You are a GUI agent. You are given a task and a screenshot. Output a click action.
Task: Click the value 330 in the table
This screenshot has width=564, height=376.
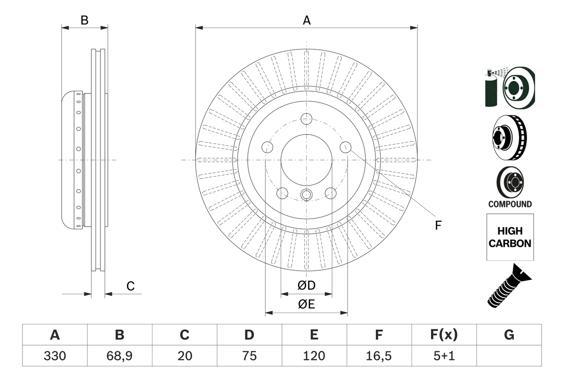[55, 356]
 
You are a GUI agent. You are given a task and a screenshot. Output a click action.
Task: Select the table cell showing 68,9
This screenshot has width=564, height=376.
[119, 356]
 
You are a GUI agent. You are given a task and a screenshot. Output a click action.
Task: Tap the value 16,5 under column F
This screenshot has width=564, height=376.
[379, 356]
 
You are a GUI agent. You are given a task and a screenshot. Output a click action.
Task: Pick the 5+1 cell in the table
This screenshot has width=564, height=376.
[444, 356]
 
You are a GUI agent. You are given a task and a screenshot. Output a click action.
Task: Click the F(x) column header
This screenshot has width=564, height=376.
[444, 335]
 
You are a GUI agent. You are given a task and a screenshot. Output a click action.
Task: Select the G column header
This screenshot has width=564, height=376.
[509, 335]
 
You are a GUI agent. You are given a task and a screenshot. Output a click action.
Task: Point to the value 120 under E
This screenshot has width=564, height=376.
[314, 356]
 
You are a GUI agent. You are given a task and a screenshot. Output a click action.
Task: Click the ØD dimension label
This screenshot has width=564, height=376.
[307, 286]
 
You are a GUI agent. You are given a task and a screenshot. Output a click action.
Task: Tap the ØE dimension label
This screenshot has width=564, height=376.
[307, 305]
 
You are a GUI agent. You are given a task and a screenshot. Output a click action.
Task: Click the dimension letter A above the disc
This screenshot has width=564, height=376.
[306, 20]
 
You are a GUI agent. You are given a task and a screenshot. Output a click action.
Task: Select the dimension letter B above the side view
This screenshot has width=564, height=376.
[85, 20]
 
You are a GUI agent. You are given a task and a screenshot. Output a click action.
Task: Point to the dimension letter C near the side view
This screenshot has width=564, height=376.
[130, 286]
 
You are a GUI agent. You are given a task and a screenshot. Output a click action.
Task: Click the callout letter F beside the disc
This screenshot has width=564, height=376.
[438, 226]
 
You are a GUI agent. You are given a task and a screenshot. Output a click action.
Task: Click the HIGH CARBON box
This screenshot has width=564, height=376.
[510, 237]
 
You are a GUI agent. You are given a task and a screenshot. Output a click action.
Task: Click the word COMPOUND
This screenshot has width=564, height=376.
[510, 204]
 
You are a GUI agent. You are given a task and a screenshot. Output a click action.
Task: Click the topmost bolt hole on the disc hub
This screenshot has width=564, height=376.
[306, 119]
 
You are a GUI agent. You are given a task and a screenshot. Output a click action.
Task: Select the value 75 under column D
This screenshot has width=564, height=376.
[249, 356]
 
